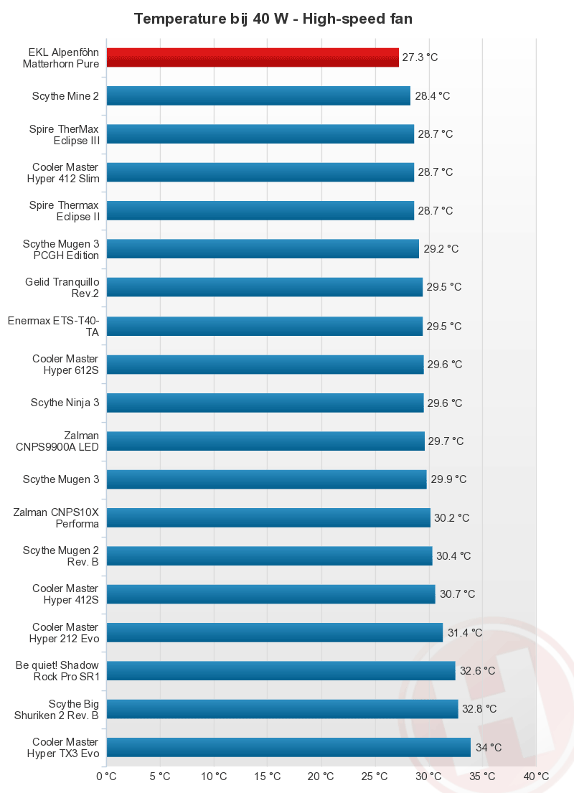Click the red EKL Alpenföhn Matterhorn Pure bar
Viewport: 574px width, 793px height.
click(253, 57)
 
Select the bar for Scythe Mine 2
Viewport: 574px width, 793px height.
click(258, 95)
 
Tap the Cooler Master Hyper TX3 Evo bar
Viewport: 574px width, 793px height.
click(288, 747)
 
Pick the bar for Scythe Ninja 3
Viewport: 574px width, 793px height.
click(265, 403)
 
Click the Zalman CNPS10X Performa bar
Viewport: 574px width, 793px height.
click(268, 517)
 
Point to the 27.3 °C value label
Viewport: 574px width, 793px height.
click(420, 57)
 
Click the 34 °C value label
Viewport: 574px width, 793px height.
click(489, 747)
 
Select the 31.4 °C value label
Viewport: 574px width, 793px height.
click(465, 632)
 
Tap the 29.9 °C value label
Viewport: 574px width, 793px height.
click(448, 479)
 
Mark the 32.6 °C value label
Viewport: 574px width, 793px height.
click(478, 671)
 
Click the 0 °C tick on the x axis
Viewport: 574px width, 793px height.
click(106, 776)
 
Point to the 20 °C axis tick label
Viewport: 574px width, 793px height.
click(321, 776)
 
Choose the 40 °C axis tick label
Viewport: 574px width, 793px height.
click(536, 776)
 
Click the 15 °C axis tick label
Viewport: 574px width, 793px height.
click(267, 776)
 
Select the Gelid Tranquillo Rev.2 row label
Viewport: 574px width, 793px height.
click(62, 287)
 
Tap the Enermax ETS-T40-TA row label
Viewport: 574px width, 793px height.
click(54, 326)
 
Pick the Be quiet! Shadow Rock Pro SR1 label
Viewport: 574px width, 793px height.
click(57, 671)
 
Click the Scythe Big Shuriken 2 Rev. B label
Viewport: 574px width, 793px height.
click(57, 709)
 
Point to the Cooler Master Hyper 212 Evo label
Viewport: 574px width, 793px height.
click(65, 632)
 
